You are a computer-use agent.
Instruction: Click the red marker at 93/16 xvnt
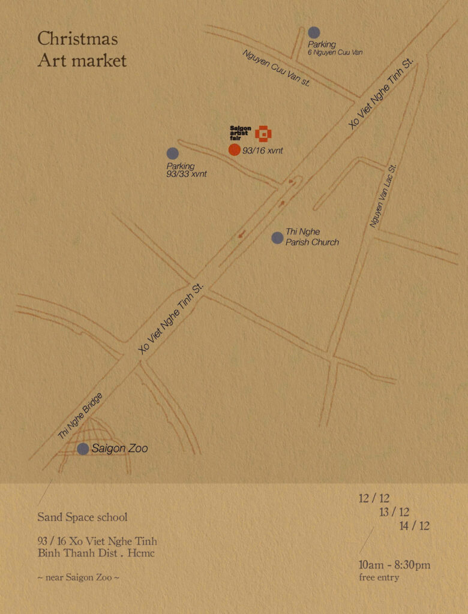tap(235, 150)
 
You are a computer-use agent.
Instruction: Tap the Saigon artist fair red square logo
tap(263, 134)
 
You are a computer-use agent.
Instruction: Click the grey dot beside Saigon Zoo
tap(83, 449)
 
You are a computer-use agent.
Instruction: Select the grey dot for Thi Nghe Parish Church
tap(277, 237)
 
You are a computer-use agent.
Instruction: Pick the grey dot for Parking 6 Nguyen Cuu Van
tap(314, 33)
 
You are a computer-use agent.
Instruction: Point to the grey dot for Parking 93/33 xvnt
tap(173, 153)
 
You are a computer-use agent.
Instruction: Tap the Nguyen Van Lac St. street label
tap(383, 197)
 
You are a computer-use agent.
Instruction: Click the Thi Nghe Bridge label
tap(80, 417)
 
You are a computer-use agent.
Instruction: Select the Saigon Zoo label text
tap(119, 449)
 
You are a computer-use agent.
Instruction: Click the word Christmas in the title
tap(77, 40)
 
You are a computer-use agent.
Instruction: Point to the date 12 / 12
tap(374, 498)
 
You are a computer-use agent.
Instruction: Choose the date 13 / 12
tap(394, 512)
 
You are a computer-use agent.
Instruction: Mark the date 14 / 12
tap(415, 526)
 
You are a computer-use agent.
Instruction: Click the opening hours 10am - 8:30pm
tap(395, 565)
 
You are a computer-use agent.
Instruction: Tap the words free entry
tap(379, 577)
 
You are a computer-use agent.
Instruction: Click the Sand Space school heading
tap(82, 517)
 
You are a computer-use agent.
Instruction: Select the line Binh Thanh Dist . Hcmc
tap(96, 553)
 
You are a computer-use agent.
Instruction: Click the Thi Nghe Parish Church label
tap(312, 237)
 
